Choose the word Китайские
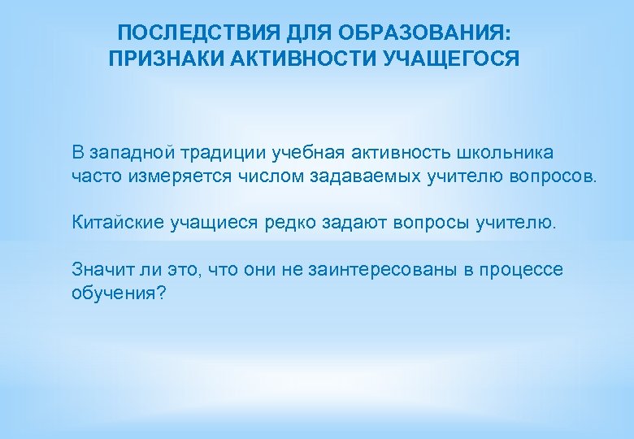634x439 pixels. (117, 223)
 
